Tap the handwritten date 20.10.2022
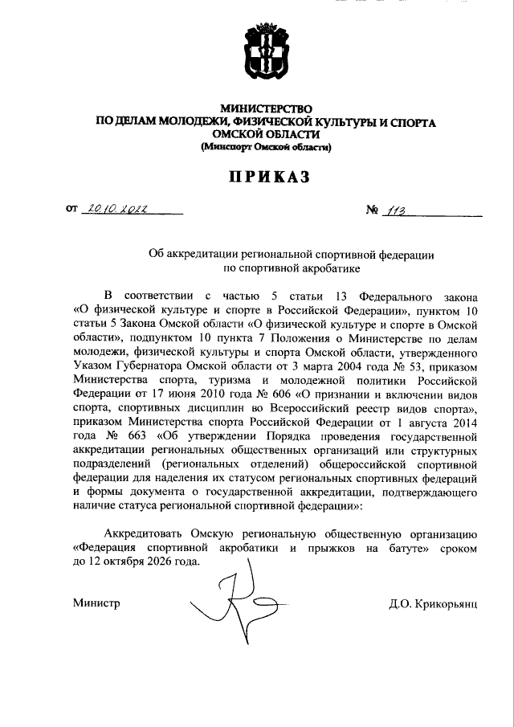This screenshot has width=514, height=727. click(x=119, y=210)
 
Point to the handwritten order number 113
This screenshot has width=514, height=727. click(x=395, y=211)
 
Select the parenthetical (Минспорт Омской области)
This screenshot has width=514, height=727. click(x=266, y=147)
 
